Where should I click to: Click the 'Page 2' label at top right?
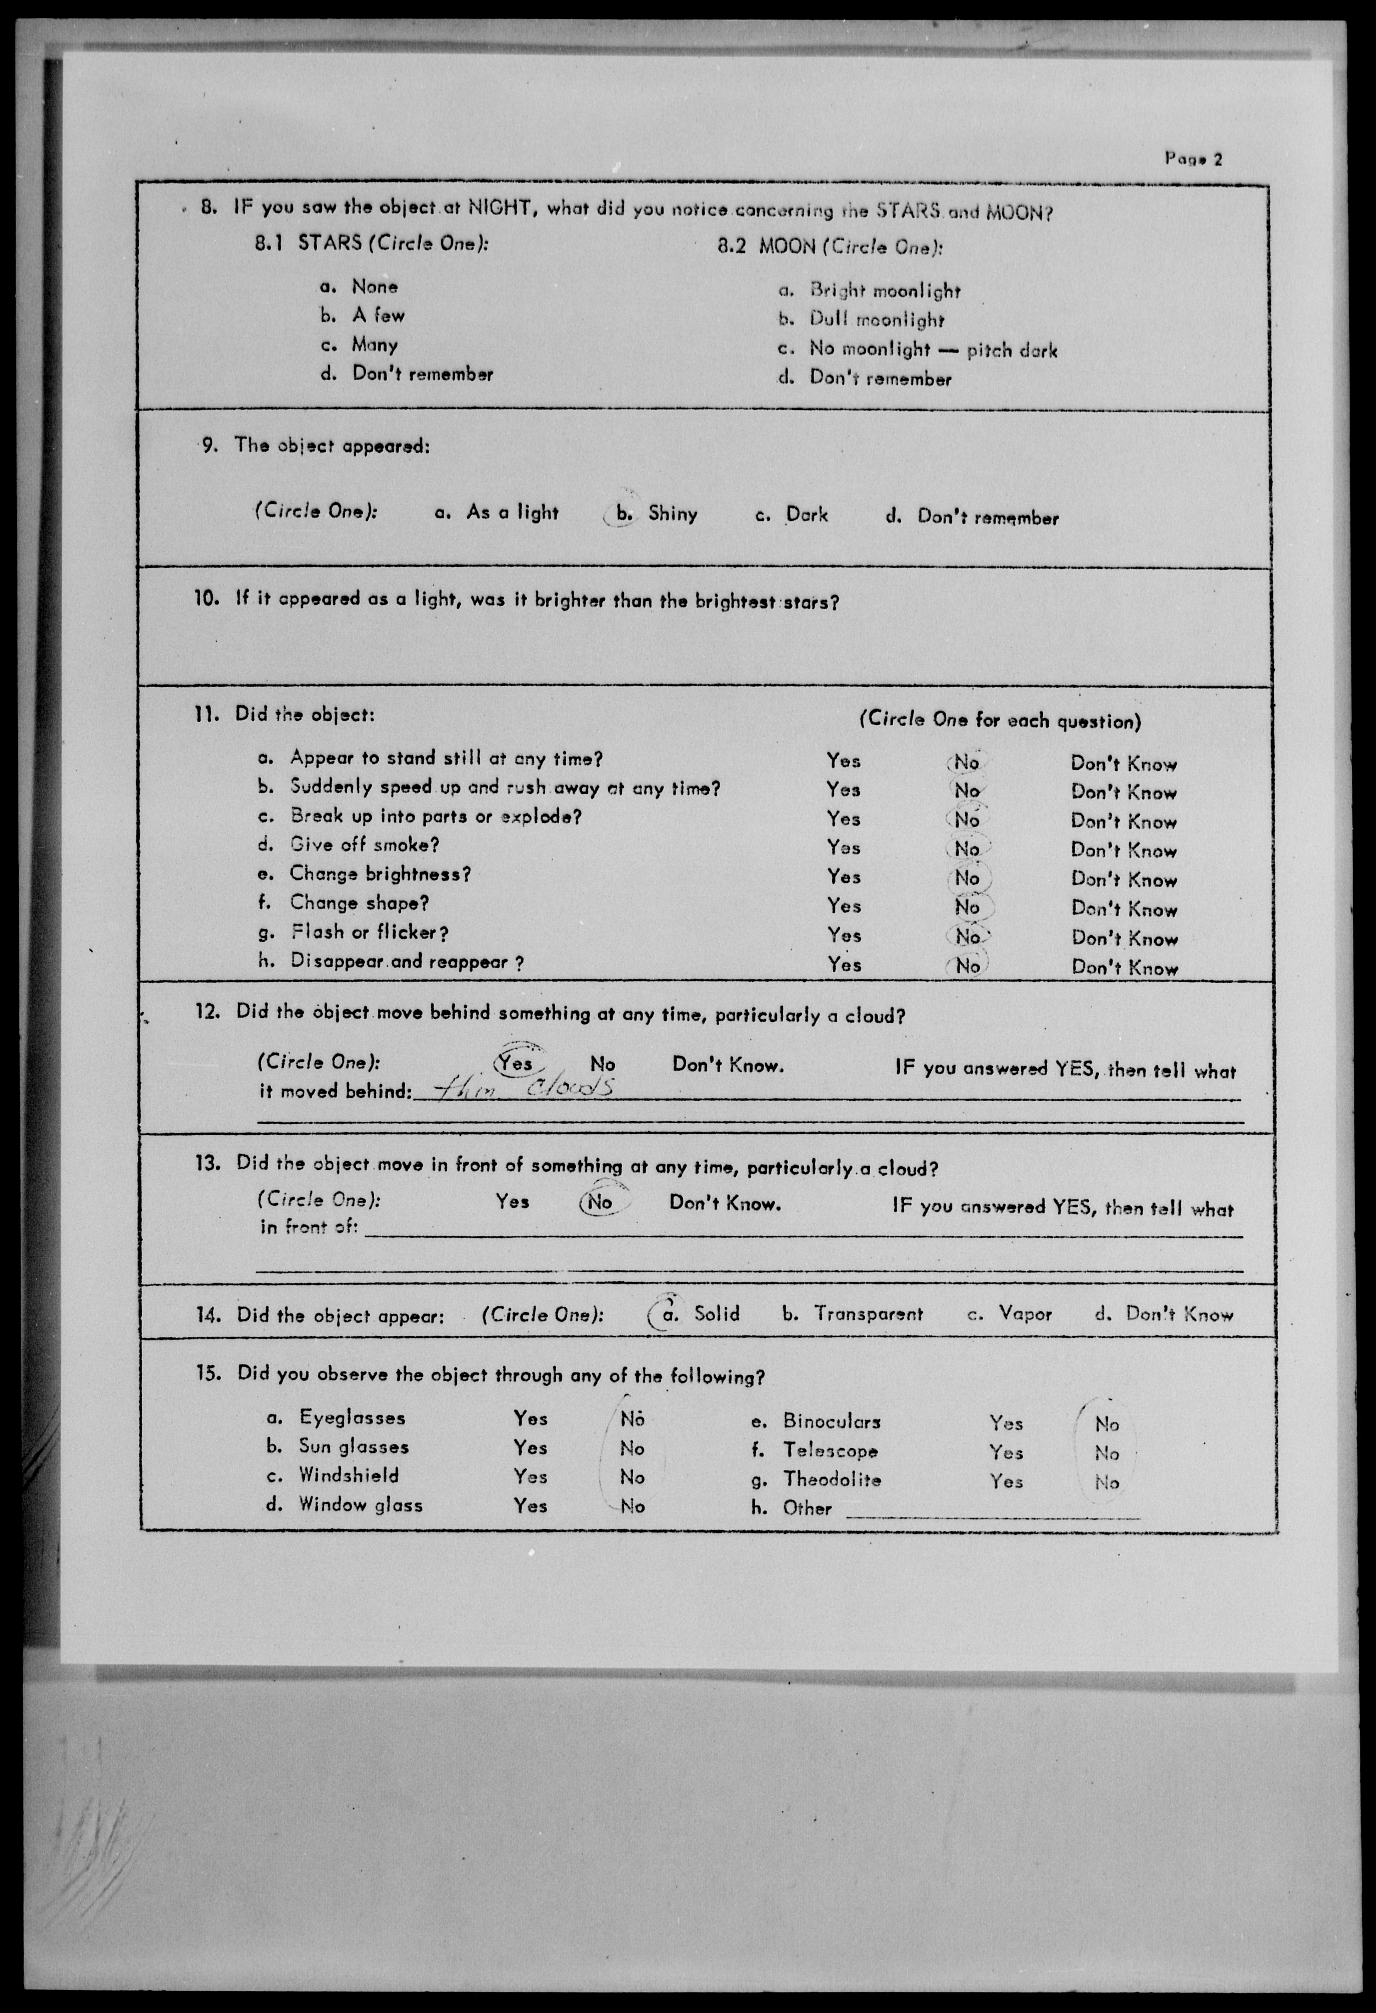click(1193, 158)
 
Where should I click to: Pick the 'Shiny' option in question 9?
click(672, 514)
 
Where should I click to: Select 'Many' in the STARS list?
click(374, 345)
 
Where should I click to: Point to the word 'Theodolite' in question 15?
click(832, 1480)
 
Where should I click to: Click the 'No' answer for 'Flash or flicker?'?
click(967, 936)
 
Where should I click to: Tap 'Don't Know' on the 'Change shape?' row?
click(1124, 908)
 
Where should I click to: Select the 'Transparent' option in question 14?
click(868, 1314)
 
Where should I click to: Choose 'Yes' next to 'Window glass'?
click(529, 1505)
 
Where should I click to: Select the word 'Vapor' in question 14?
click(1025, 1314)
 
